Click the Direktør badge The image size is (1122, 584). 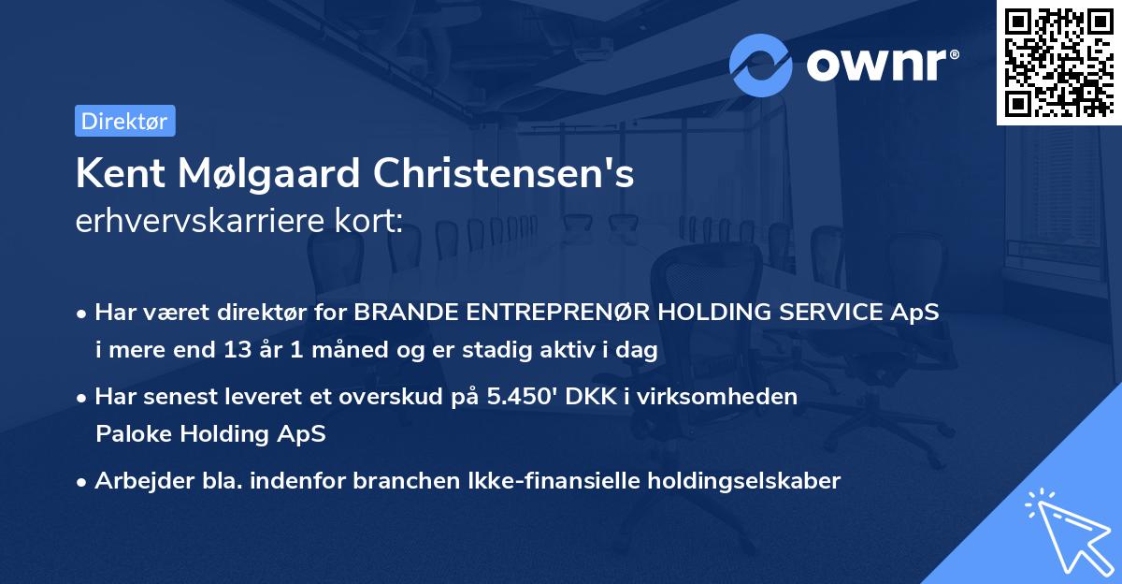124,121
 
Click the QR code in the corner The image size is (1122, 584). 1058,62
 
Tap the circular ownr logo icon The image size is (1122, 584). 761,65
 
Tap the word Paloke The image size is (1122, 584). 130,433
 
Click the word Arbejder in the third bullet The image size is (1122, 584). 137,481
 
